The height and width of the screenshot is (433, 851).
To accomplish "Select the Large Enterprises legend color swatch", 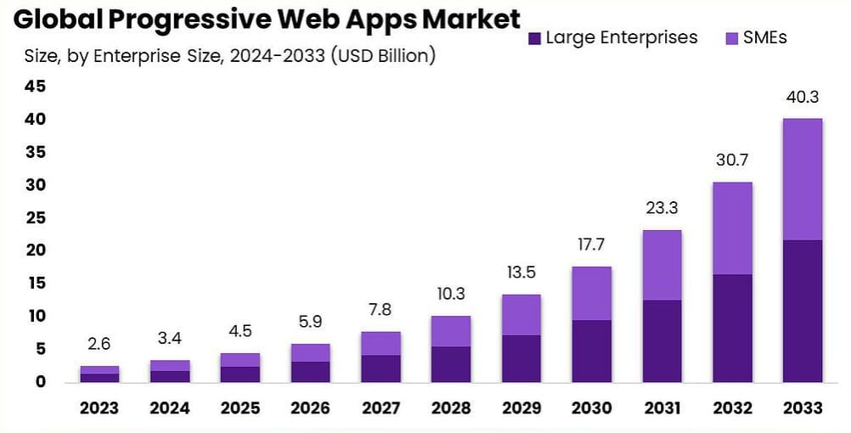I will [x=534, y=38].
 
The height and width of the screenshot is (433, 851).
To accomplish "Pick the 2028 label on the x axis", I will [x=450, y=408].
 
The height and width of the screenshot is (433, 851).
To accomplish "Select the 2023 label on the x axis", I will [x=99, y=408].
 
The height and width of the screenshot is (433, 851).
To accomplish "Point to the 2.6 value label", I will [x=99, y=345].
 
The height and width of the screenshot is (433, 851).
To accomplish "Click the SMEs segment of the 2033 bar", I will [x=802, y=179].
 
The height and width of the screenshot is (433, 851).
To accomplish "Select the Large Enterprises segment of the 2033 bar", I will [x=802, y=311].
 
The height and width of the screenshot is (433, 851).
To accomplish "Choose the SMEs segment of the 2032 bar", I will [x=732, y=228].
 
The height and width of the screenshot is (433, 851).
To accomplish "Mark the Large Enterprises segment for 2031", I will [x=662, y=340].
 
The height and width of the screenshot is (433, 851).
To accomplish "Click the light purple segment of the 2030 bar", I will [x=591, y=293].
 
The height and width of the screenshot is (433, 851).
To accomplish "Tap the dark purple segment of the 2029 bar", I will [x=521, y=358].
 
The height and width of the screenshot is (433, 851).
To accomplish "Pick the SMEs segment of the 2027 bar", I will [x=380, y=343].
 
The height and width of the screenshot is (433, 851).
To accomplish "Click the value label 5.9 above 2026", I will [x=310, y=323].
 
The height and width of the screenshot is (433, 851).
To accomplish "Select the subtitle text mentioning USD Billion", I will [x=229, y=57].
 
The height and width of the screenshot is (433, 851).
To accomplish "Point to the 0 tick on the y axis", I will [x=39, y=382].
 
